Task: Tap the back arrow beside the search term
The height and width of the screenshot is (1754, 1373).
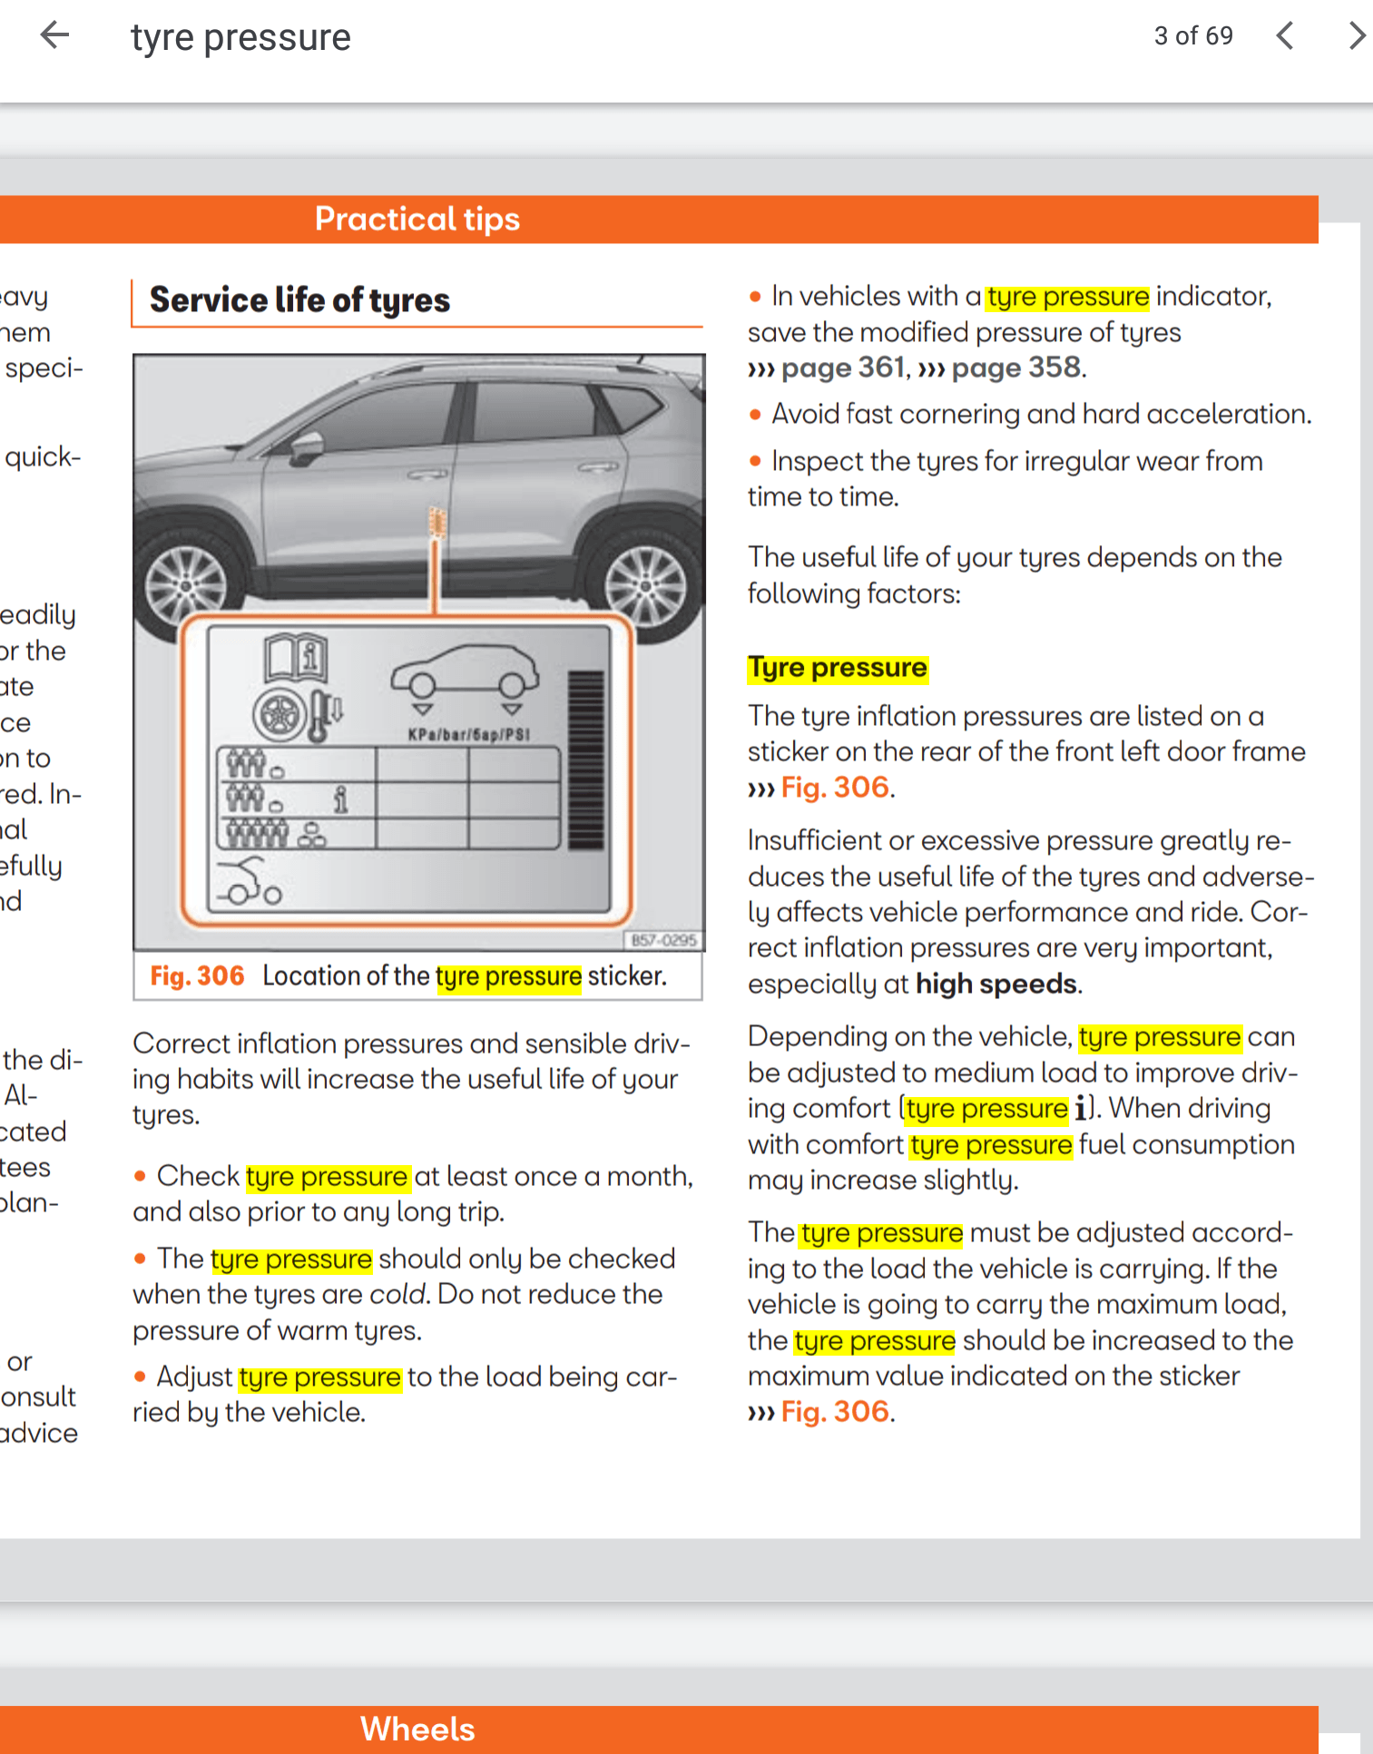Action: click(55, 36)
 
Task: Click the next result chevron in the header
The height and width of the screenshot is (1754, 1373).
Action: click(1356, 36)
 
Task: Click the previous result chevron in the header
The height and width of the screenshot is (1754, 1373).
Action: click(1284, 36)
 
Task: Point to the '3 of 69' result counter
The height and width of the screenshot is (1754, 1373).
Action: click(1192, 36)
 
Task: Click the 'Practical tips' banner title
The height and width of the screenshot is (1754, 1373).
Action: click(417, 220)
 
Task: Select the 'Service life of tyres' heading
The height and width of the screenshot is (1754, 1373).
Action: click(299, 300)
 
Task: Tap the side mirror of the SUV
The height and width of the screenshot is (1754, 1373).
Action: click(307, 446)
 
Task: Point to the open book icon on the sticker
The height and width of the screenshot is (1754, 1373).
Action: click(296, 658)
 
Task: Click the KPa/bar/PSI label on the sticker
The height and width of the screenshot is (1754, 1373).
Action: click(468, 734)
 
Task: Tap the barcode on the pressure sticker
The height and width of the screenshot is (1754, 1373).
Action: click(585, 760)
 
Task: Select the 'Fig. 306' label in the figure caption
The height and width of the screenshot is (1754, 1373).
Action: click(197, 976)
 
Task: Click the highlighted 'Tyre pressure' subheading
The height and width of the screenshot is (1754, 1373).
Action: click(838, 668)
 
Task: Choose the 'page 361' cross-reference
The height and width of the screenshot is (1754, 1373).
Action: click(843, 367)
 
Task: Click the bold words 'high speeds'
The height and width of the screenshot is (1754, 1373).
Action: click(996, 985)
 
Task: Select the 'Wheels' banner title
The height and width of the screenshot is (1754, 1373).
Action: click(417, 1730)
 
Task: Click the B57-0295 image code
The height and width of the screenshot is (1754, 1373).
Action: click(663, 940)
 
